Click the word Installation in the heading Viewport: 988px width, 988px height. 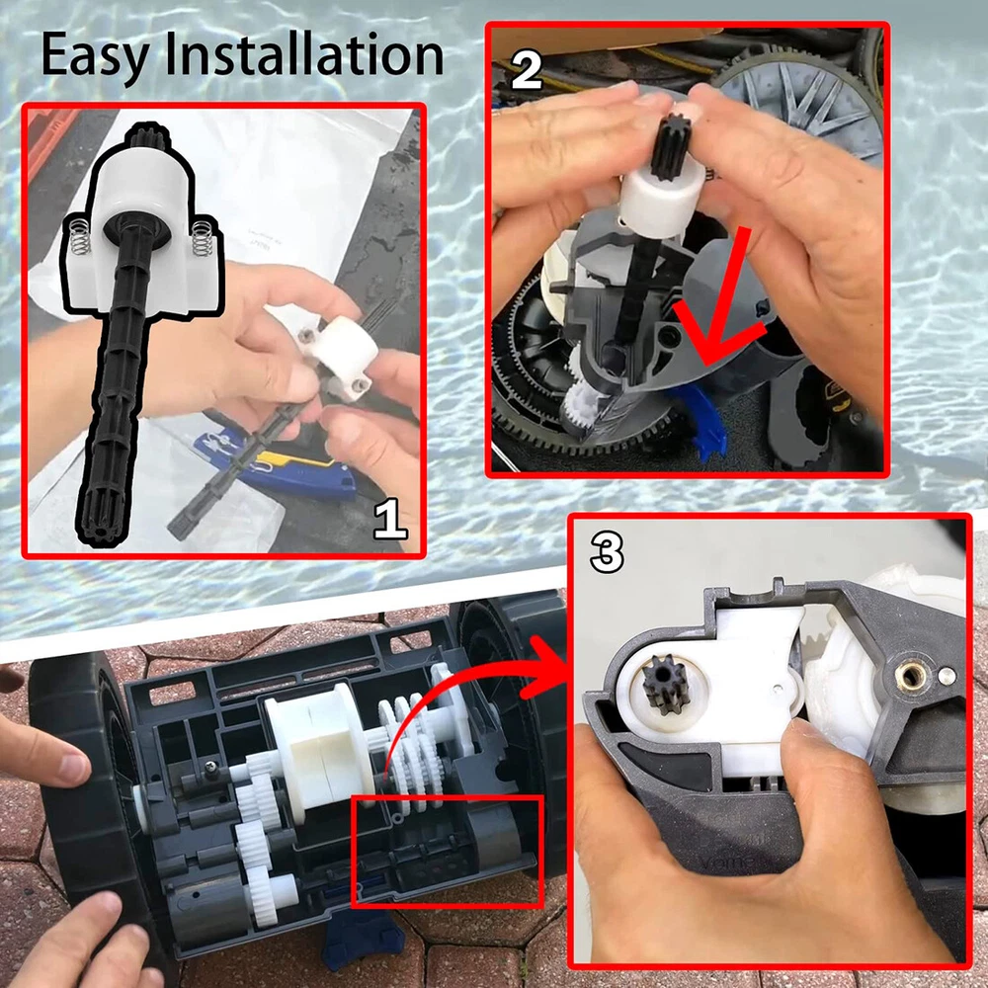pyautogui.click(x=303, y=54)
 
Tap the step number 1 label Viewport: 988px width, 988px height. pyautogui.click(x=390, y=519)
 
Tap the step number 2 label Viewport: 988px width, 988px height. pyautogui.click(x=527, y=69)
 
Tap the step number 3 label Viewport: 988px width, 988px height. pyautogui.click(x=607, y=552)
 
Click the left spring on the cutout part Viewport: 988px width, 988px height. pyautogui.click(x=80, y=237)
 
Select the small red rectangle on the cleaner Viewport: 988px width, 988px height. pyautogui.click(x=447, y=852)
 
